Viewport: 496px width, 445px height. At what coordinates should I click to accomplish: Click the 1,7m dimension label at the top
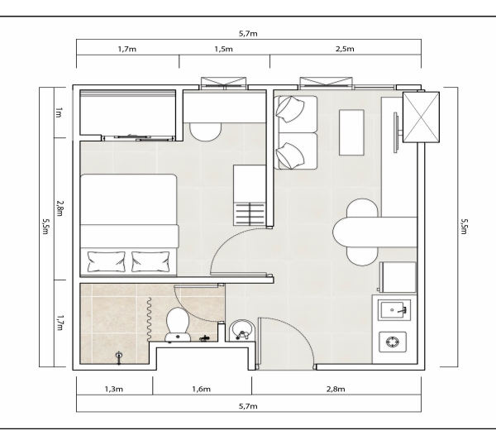coord(126,49)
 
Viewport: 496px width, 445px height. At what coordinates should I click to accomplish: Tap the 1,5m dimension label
coord(224,49)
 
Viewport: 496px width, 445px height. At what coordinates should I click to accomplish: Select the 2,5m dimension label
coord(345,49)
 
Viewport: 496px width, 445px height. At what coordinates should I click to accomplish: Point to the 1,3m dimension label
coord(114,389)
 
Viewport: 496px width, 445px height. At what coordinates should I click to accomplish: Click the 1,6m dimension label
coord(201,389)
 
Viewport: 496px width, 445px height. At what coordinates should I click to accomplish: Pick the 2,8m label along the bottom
coord(336,389)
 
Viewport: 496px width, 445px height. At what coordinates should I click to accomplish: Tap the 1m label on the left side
coord(59,112)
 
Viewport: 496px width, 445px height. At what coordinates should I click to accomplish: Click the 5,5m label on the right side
coord(464,227)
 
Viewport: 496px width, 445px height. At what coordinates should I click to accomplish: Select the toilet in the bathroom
coord(178,325)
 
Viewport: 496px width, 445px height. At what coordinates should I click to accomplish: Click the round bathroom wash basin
coord(241,330)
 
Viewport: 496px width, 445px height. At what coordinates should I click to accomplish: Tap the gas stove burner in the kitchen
coord(392,342)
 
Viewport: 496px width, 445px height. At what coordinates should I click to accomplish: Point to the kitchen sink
coord(394,310)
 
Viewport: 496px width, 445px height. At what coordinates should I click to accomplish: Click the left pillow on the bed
coord(106,261)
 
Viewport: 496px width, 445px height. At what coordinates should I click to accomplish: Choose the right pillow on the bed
coord(150,261)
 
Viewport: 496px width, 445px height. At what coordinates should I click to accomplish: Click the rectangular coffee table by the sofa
coord(351,132)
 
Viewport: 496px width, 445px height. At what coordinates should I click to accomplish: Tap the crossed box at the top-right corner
coord(421,117)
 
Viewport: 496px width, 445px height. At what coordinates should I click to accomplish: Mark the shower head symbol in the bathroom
coord(119,357)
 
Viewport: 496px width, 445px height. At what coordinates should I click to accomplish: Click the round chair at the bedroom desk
coord(205,132)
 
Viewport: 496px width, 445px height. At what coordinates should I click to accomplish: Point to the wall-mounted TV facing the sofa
coord(396,132)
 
